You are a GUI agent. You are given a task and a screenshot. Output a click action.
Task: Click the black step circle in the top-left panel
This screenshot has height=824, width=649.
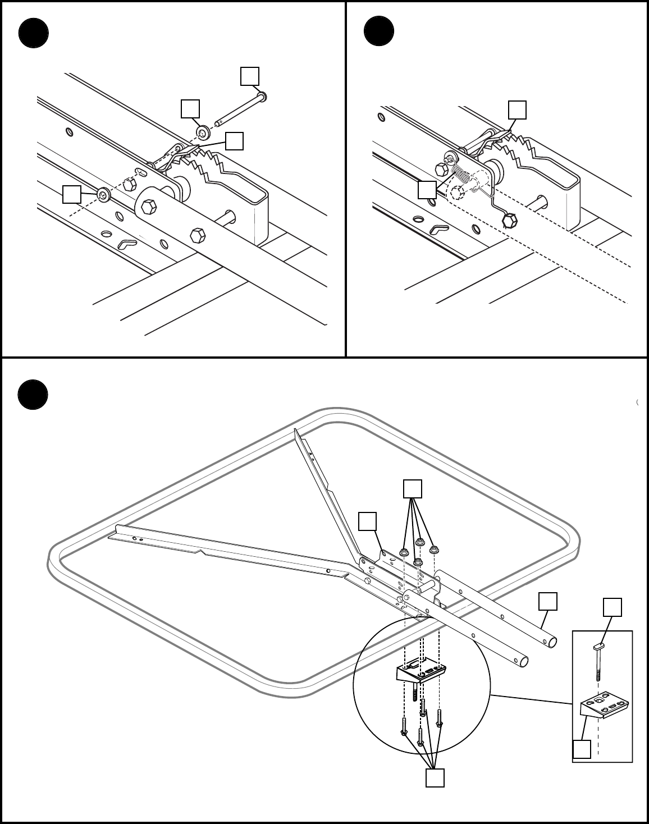tap(33, 33)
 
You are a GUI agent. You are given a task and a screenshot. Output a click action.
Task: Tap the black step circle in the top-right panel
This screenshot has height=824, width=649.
tap(379, 31)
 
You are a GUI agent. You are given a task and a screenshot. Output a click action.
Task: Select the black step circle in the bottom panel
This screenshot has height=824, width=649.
tap(33, 395)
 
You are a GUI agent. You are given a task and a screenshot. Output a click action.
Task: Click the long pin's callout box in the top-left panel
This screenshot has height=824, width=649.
tap(250, 76)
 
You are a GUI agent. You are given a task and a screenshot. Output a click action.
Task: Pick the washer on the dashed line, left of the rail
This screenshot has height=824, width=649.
tap(103, 194)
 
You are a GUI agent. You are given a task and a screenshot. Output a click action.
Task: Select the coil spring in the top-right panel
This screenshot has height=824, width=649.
tap(461, 176)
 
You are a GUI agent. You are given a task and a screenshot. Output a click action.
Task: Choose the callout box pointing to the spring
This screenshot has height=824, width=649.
tap(427, 190)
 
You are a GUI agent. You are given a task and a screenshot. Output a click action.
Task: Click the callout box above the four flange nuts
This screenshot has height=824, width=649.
tap(413, 489)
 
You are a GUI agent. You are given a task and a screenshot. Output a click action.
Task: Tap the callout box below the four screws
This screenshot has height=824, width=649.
tap(435, 778)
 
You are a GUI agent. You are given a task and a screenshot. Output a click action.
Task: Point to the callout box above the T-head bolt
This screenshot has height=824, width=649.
tap(613, 607)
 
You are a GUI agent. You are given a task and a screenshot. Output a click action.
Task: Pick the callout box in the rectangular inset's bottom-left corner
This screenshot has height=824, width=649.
tap(582, 749)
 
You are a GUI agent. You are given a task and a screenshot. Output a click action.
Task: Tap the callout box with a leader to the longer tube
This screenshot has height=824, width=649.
tap(548, 601)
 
